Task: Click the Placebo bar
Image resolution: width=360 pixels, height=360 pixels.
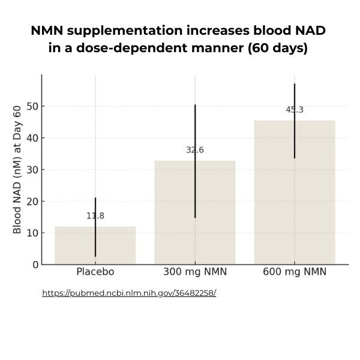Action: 95,246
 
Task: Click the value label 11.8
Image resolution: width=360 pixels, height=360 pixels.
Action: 95,216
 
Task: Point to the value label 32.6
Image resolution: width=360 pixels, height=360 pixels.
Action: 195,150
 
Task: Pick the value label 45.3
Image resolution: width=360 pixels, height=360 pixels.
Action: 295,110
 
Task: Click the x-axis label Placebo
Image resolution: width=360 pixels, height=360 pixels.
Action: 95,272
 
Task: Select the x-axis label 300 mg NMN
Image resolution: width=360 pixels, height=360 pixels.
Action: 195,272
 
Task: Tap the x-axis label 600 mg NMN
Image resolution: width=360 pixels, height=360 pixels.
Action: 295,272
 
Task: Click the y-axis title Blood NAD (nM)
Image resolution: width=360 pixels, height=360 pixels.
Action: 17,169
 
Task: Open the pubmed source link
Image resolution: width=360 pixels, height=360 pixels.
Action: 129,293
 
